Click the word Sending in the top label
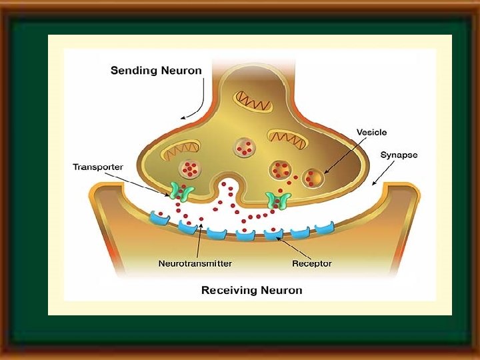(x=132, y=70)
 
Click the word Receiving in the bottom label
(x=229, y=290)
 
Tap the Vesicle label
(x=371, y=133)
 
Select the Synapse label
(x=399, y=155)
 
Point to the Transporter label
(x=98, y=166)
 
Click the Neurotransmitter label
(x=195, y=263)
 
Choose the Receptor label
(x=311, y=263)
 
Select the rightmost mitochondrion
(x=287, y=137)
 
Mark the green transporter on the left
(x=179, y=192)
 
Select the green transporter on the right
(x=275, y=199)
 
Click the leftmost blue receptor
(x=161, y=218)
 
